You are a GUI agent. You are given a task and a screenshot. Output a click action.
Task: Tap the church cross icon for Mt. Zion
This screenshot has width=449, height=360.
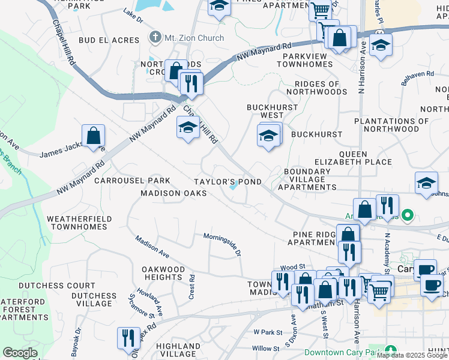pos(155,38)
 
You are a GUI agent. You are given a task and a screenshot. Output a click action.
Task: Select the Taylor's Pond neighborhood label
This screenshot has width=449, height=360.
pos(227,182)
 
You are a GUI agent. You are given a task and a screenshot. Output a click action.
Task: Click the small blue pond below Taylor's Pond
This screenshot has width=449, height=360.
pos(233,190)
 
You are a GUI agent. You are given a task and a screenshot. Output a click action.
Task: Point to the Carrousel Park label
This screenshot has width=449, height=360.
pos(132,181)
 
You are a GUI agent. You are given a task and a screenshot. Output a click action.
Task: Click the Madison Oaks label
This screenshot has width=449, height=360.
pos(173,193)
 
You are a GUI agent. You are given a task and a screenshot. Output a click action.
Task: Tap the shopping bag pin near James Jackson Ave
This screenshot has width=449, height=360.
pos(94,136)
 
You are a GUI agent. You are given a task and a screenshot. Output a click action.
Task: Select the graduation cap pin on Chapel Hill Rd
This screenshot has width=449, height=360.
pos(188,127)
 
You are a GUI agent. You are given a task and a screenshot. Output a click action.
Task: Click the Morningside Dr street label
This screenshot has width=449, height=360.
pos(221,245)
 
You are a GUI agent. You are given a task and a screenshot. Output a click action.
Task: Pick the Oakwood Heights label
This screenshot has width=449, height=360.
pos(163,274)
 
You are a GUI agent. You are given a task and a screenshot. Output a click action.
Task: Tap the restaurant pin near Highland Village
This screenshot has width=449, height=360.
pos(128,338)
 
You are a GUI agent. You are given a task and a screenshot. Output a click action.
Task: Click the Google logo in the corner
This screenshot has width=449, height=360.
pos(20,352)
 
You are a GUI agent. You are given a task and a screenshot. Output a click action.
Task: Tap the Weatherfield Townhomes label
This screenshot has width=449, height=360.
pos(77,223)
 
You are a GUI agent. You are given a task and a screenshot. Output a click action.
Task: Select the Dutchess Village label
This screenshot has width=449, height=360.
pos(94,300)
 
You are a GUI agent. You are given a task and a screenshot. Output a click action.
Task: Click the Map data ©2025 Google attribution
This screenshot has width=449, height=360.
pos(412,355)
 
